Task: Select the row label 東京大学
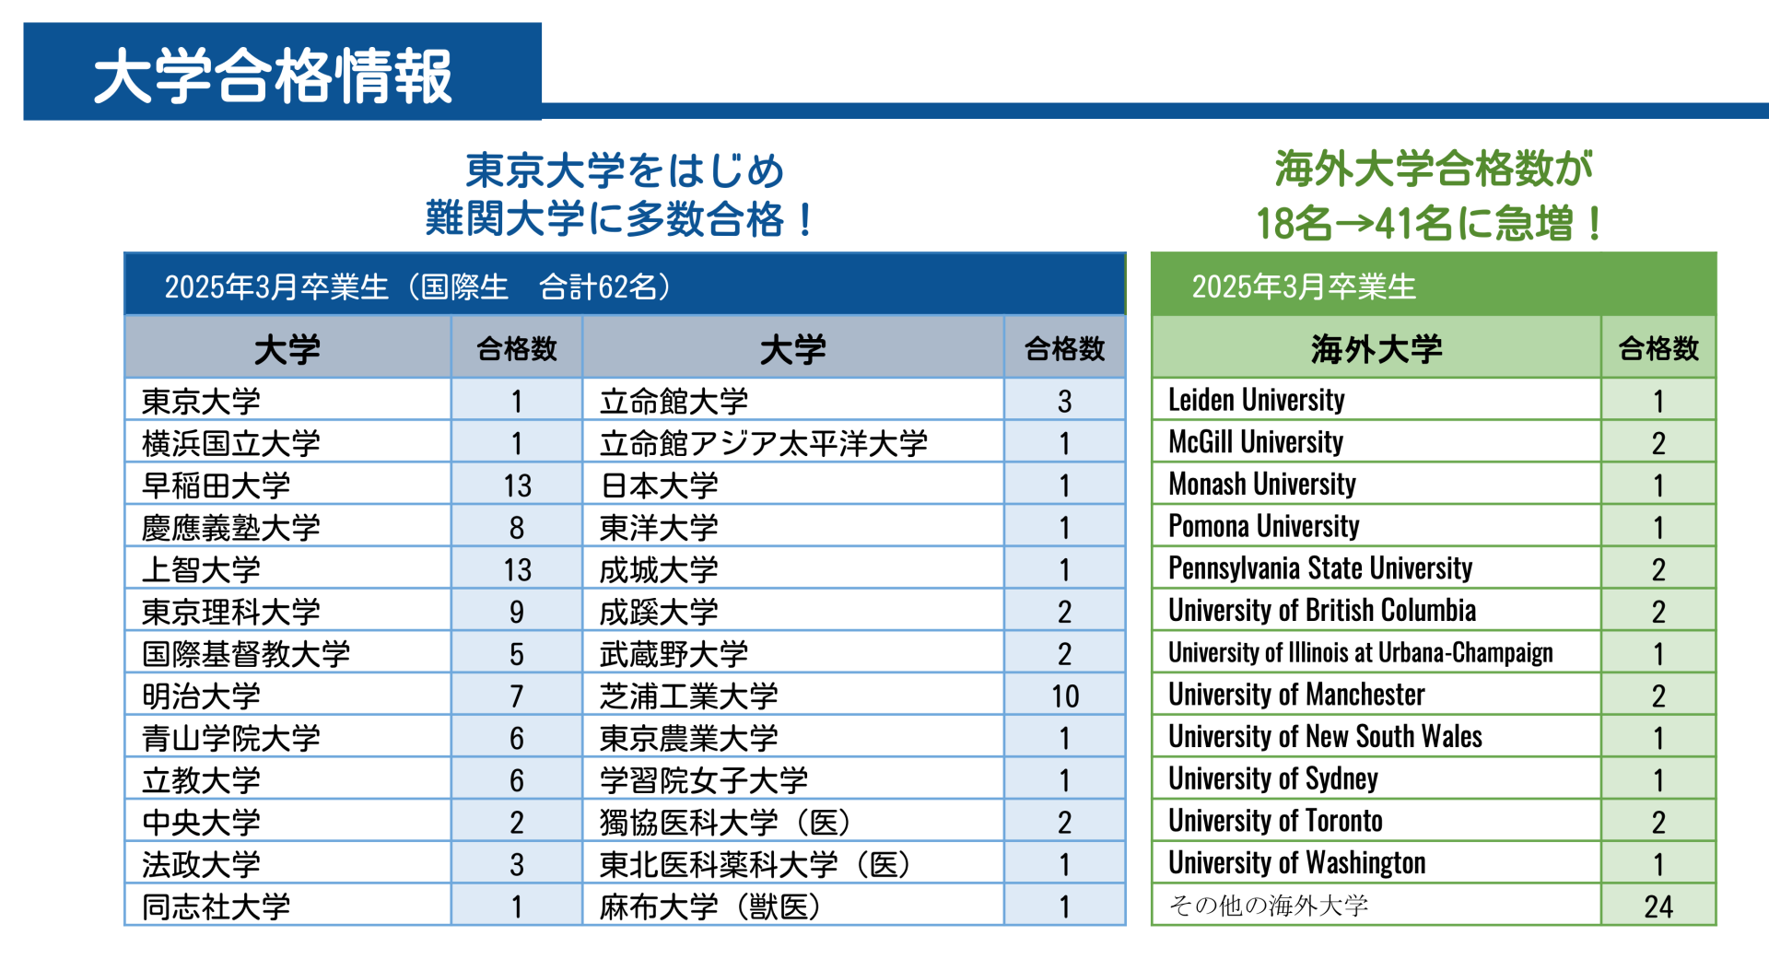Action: (201, 402)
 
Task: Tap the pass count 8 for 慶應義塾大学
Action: (516, 528)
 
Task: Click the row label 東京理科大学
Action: (230, 612)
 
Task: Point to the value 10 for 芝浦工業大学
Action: (1064, 696)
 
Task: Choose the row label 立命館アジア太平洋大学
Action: (763, 444)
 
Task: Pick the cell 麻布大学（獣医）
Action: (710, 907)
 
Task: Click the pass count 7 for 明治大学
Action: (516, 696)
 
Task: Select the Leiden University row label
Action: (1256, 401)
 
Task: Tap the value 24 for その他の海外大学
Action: (1658, 907)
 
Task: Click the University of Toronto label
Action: (1275, 821)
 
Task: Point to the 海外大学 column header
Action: (1376, 349)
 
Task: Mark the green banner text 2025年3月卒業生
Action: (1303, 287)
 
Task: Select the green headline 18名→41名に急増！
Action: (1431, 223)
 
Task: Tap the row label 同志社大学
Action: (216, 907)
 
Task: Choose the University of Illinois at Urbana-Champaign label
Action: (1360, 653)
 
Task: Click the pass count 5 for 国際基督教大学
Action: (516, 654)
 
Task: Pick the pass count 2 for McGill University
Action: (1658, 444)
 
